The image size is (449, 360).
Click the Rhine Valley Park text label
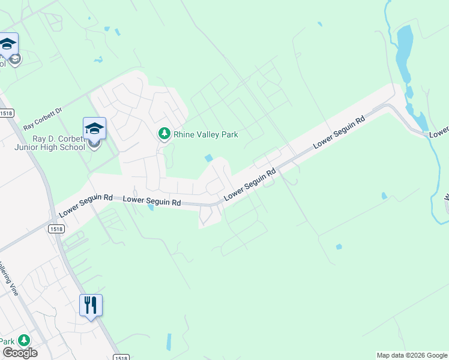tap(206, 134)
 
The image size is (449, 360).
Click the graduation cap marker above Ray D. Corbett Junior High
tap(94, 128)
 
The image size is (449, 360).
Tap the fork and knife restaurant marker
tap(91, 305)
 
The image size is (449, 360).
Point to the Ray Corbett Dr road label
tap(43, 119)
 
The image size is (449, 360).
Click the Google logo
tap(19, 352)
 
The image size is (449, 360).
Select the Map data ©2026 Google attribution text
tap(412, 355)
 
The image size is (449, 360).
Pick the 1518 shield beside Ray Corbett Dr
tap(7, 113)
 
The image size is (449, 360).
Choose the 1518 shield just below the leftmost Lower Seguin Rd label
tap(56, 229)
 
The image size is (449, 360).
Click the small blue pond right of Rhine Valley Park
tap(208, 158)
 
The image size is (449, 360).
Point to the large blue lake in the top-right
tap(405, 51)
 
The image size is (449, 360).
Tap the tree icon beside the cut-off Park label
tap(24, 340)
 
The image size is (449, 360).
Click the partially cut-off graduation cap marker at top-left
tap(8, 44)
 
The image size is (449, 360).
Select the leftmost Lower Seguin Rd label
tap(86, 205)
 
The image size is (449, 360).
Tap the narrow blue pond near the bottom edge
tap(169, 341)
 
